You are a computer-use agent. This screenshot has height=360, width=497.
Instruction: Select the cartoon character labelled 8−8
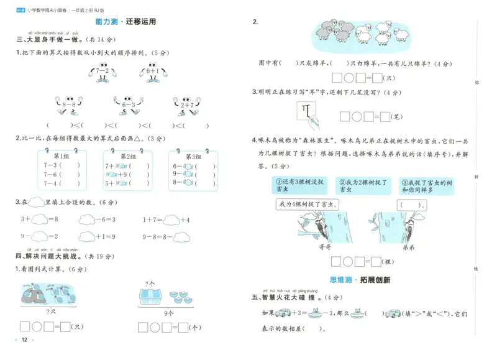[x=68, y=104]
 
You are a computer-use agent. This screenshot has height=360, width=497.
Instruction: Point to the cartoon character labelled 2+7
[x=186, y=104]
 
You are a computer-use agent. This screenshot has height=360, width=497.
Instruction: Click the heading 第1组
[x=62, y=157]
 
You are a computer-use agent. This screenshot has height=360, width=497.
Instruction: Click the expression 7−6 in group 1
[x=50, y=174]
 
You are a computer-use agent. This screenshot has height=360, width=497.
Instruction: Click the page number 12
[x=24, y=339]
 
